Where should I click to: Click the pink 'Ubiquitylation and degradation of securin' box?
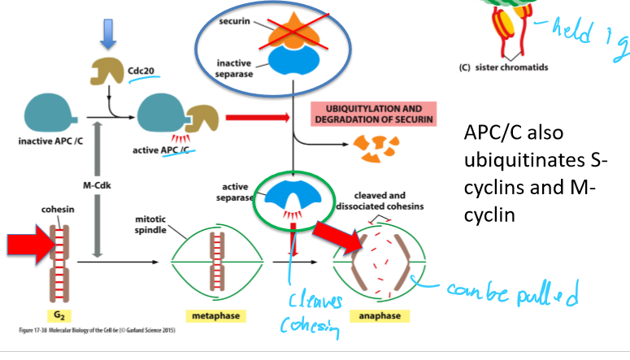click(x=374, y=114)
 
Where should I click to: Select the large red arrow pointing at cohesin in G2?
click(x=27, y=245)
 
